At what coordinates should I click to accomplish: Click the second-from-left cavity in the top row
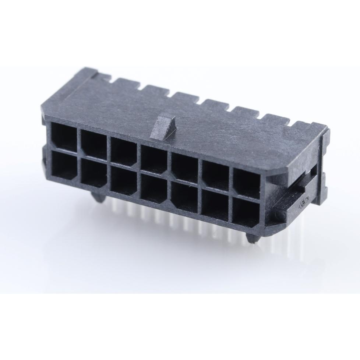click(x=94, y=144)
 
